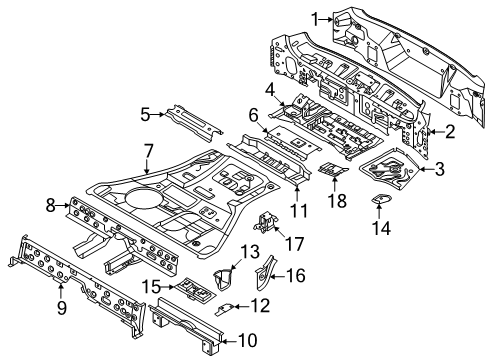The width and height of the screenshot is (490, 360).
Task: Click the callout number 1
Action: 315,19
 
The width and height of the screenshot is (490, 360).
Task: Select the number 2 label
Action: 450,132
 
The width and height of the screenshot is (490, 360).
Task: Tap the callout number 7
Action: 148,151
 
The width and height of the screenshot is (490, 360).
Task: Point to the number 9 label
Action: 62,307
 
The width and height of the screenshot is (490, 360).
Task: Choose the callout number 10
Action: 248,341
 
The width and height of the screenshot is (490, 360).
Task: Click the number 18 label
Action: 338,201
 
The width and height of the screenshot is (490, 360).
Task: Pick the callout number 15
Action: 152,287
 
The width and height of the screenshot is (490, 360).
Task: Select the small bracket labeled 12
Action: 225,310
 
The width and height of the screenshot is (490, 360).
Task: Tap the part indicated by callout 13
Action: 223,279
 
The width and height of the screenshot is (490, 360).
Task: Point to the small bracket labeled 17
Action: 267,221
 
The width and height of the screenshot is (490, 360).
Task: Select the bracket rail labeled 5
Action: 194,123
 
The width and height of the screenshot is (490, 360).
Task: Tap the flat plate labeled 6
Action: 293,139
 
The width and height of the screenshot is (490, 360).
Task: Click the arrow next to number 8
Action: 63,206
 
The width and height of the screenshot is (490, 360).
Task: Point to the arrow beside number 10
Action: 230,341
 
